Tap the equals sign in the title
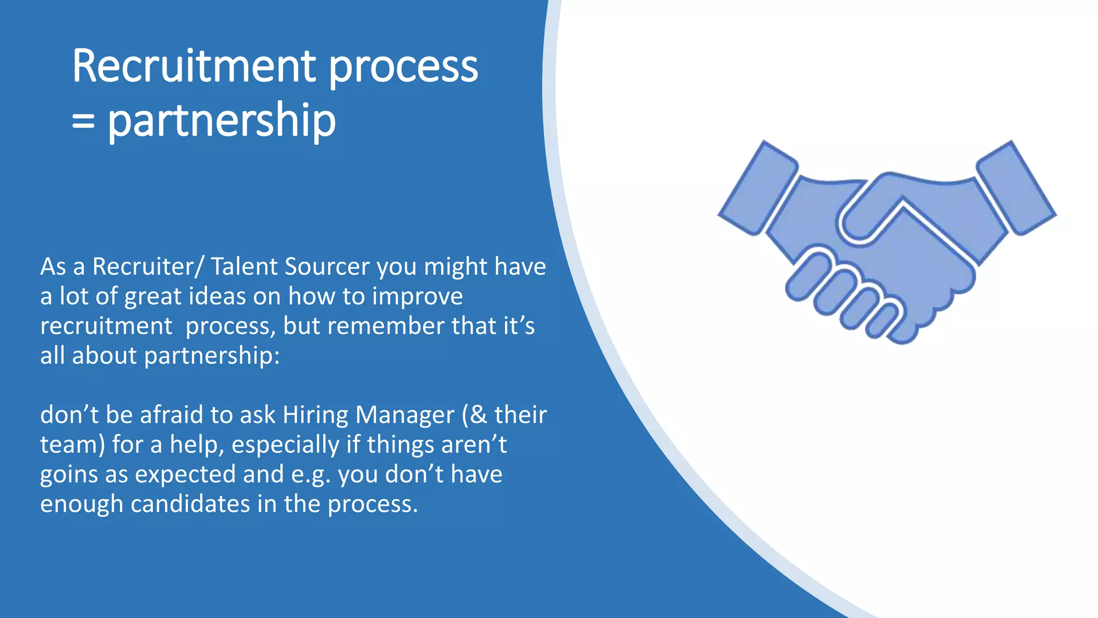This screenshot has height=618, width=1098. coord(83,121)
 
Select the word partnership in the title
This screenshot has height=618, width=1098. coord(221,121)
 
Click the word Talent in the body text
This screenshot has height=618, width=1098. coord(244,267)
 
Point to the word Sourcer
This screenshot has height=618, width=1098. coord(327,267)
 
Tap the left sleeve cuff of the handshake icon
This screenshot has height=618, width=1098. coord(758,188)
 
